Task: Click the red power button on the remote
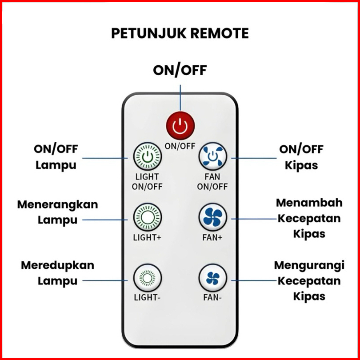coord(180,127)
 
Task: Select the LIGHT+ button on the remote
coord(148,218)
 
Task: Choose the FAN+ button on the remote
coord(212,218)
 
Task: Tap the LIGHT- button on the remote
coord(147,279)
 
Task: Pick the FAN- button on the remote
coord(212,279)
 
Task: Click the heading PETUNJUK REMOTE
coord(180,34)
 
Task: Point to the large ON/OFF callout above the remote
coord(180,70)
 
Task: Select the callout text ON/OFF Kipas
coord(301,157)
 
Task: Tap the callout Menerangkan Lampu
coord(58,212)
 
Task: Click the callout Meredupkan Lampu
coord(58,273)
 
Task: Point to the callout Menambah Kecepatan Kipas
coord(309,218)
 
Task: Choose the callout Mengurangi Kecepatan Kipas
coord(309,280)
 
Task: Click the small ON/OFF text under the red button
coord(180,145)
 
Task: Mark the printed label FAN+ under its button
coord(212,237)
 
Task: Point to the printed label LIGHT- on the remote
coord(147,297)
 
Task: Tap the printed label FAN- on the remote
coord(212,297)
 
